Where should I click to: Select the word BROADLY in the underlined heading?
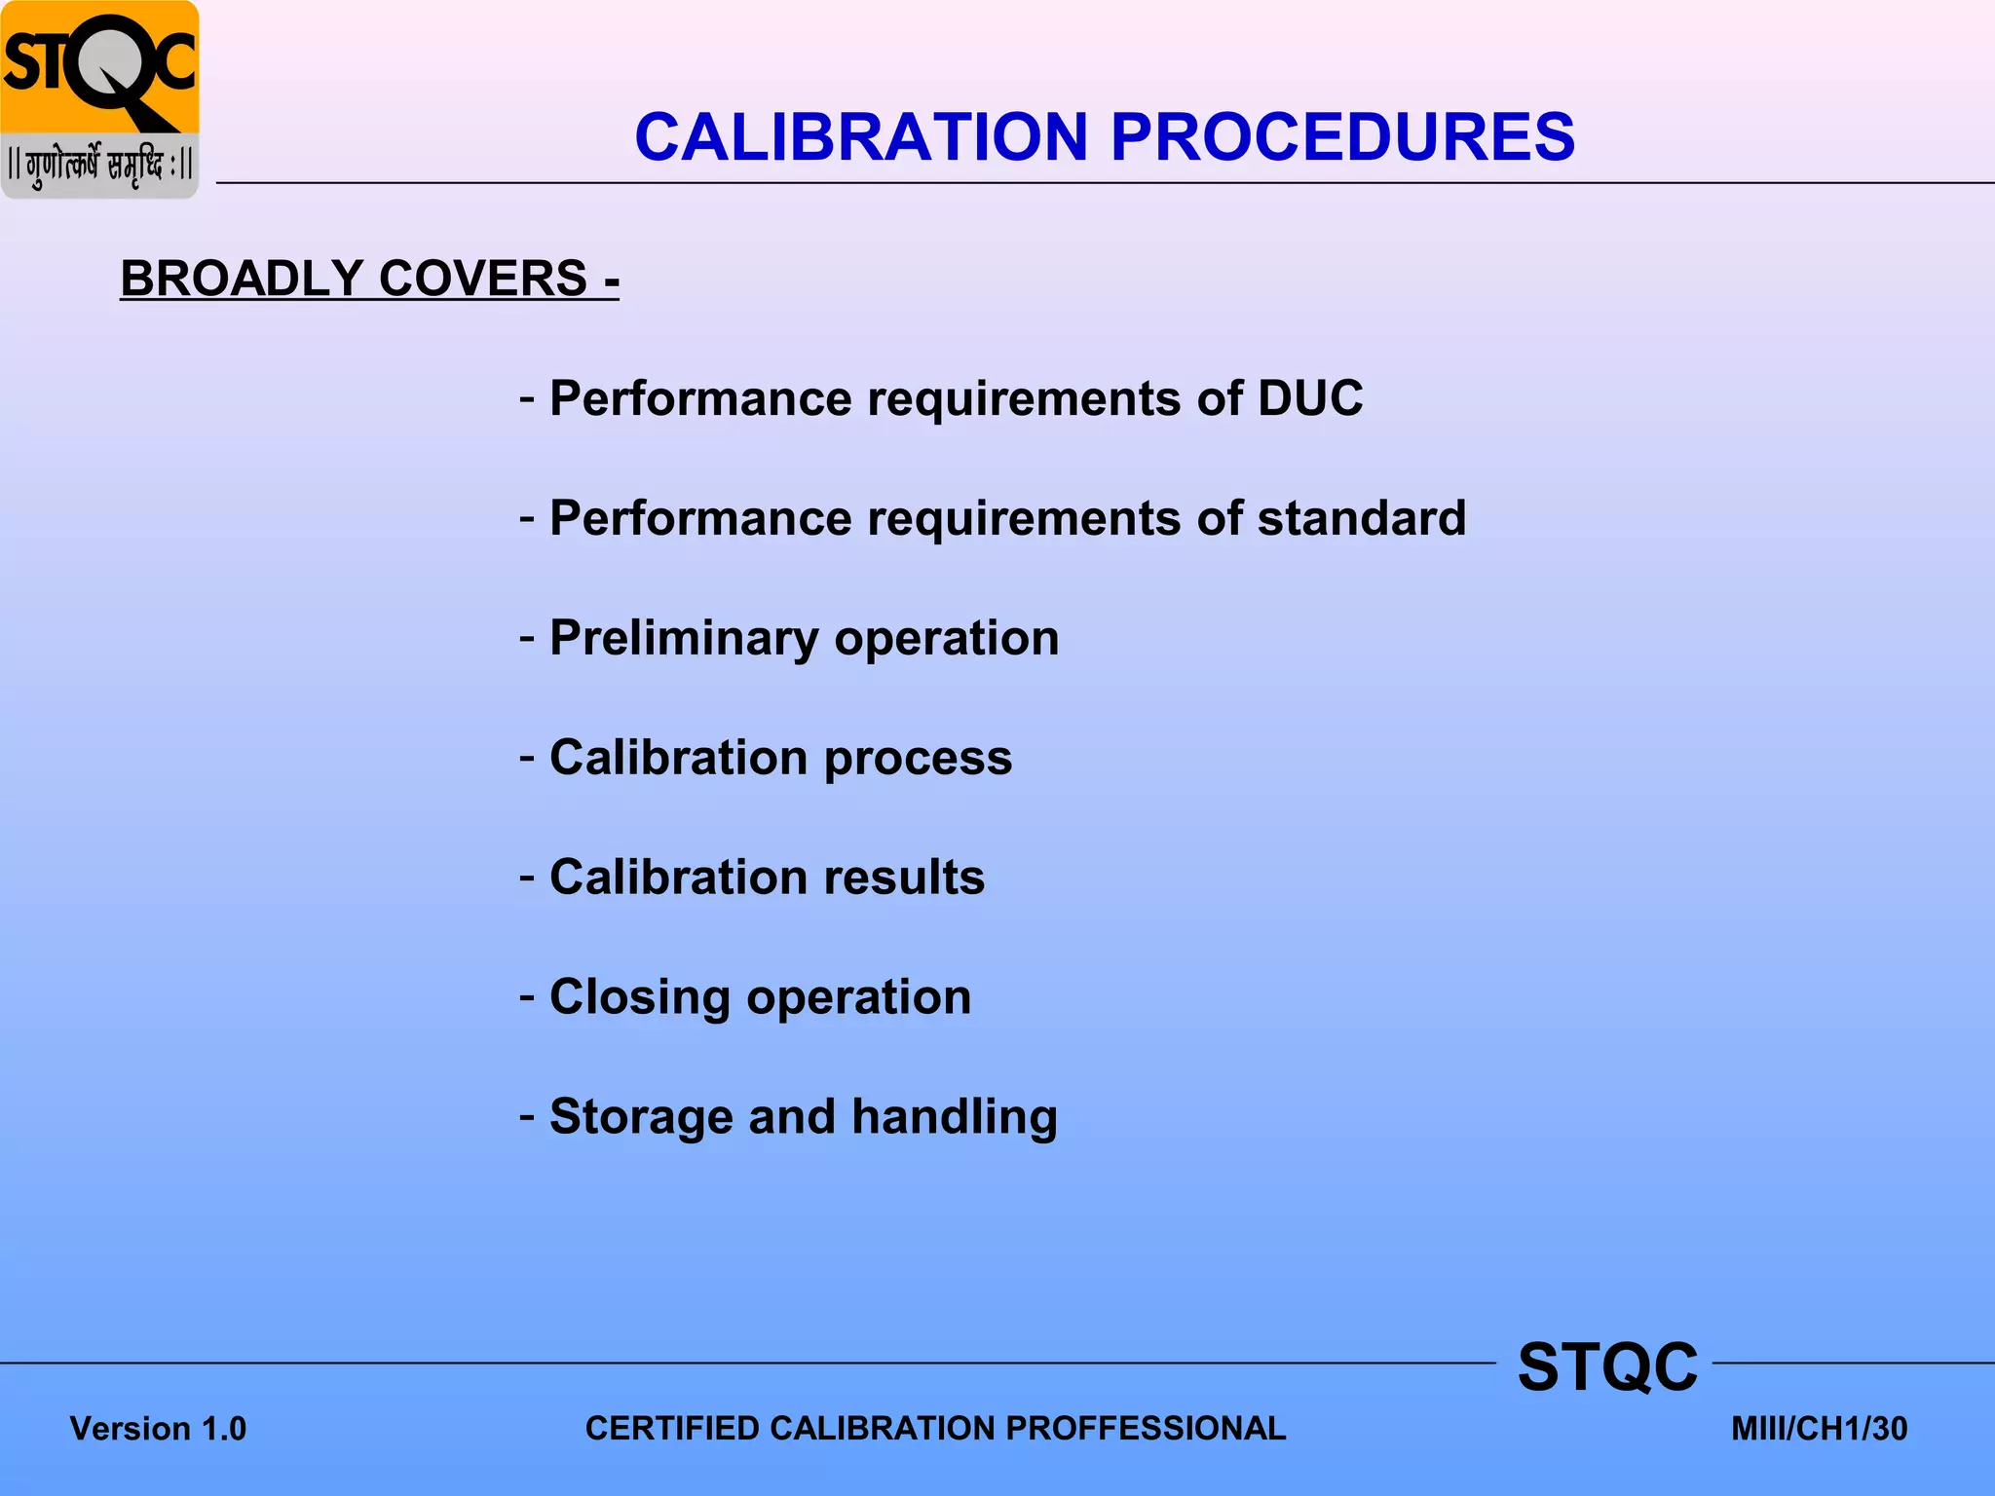coord(243,279)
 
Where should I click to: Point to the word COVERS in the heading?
coord(482,279)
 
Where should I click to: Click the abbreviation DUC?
coord(1310,398)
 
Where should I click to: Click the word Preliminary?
coord(684,639)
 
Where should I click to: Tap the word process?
coord(918,759)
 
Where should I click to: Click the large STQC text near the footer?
coord(1607,1366)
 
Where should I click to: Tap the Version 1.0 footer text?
coord(158,1429)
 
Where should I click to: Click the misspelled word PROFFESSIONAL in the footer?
coord(1146,1429)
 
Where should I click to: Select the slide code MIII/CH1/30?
coord(1819,1429)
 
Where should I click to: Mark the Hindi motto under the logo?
coord(99,166)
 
